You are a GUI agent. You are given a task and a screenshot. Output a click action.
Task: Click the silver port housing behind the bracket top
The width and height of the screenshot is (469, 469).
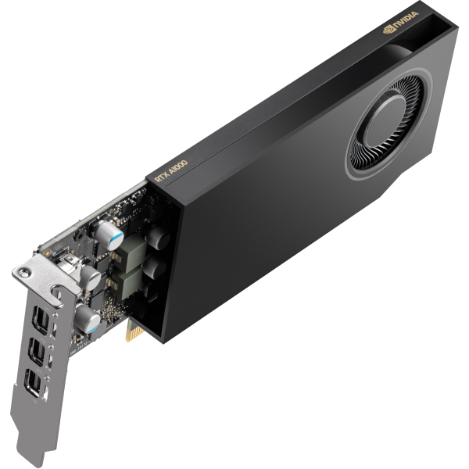click(x=68, y=262)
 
